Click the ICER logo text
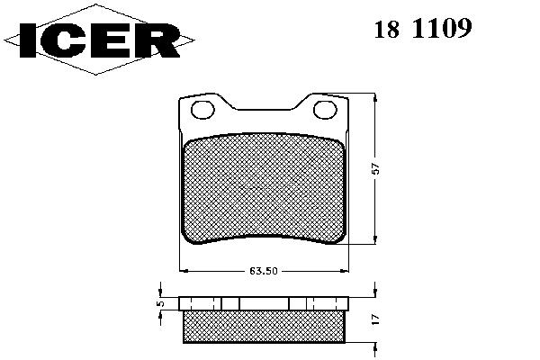[99, 40]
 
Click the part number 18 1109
[423, 29]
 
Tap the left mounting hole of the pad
[202, 110]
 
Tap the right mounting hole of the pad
[325, 110]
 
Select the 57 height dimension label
[376, 168]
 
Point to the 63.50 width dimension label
[264, 271]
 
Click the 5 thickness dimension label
[160, 303]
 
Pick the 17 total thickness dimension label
[376, 319]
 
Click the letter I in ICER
[28, 40]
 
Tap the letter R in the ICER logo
[160, 40]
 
